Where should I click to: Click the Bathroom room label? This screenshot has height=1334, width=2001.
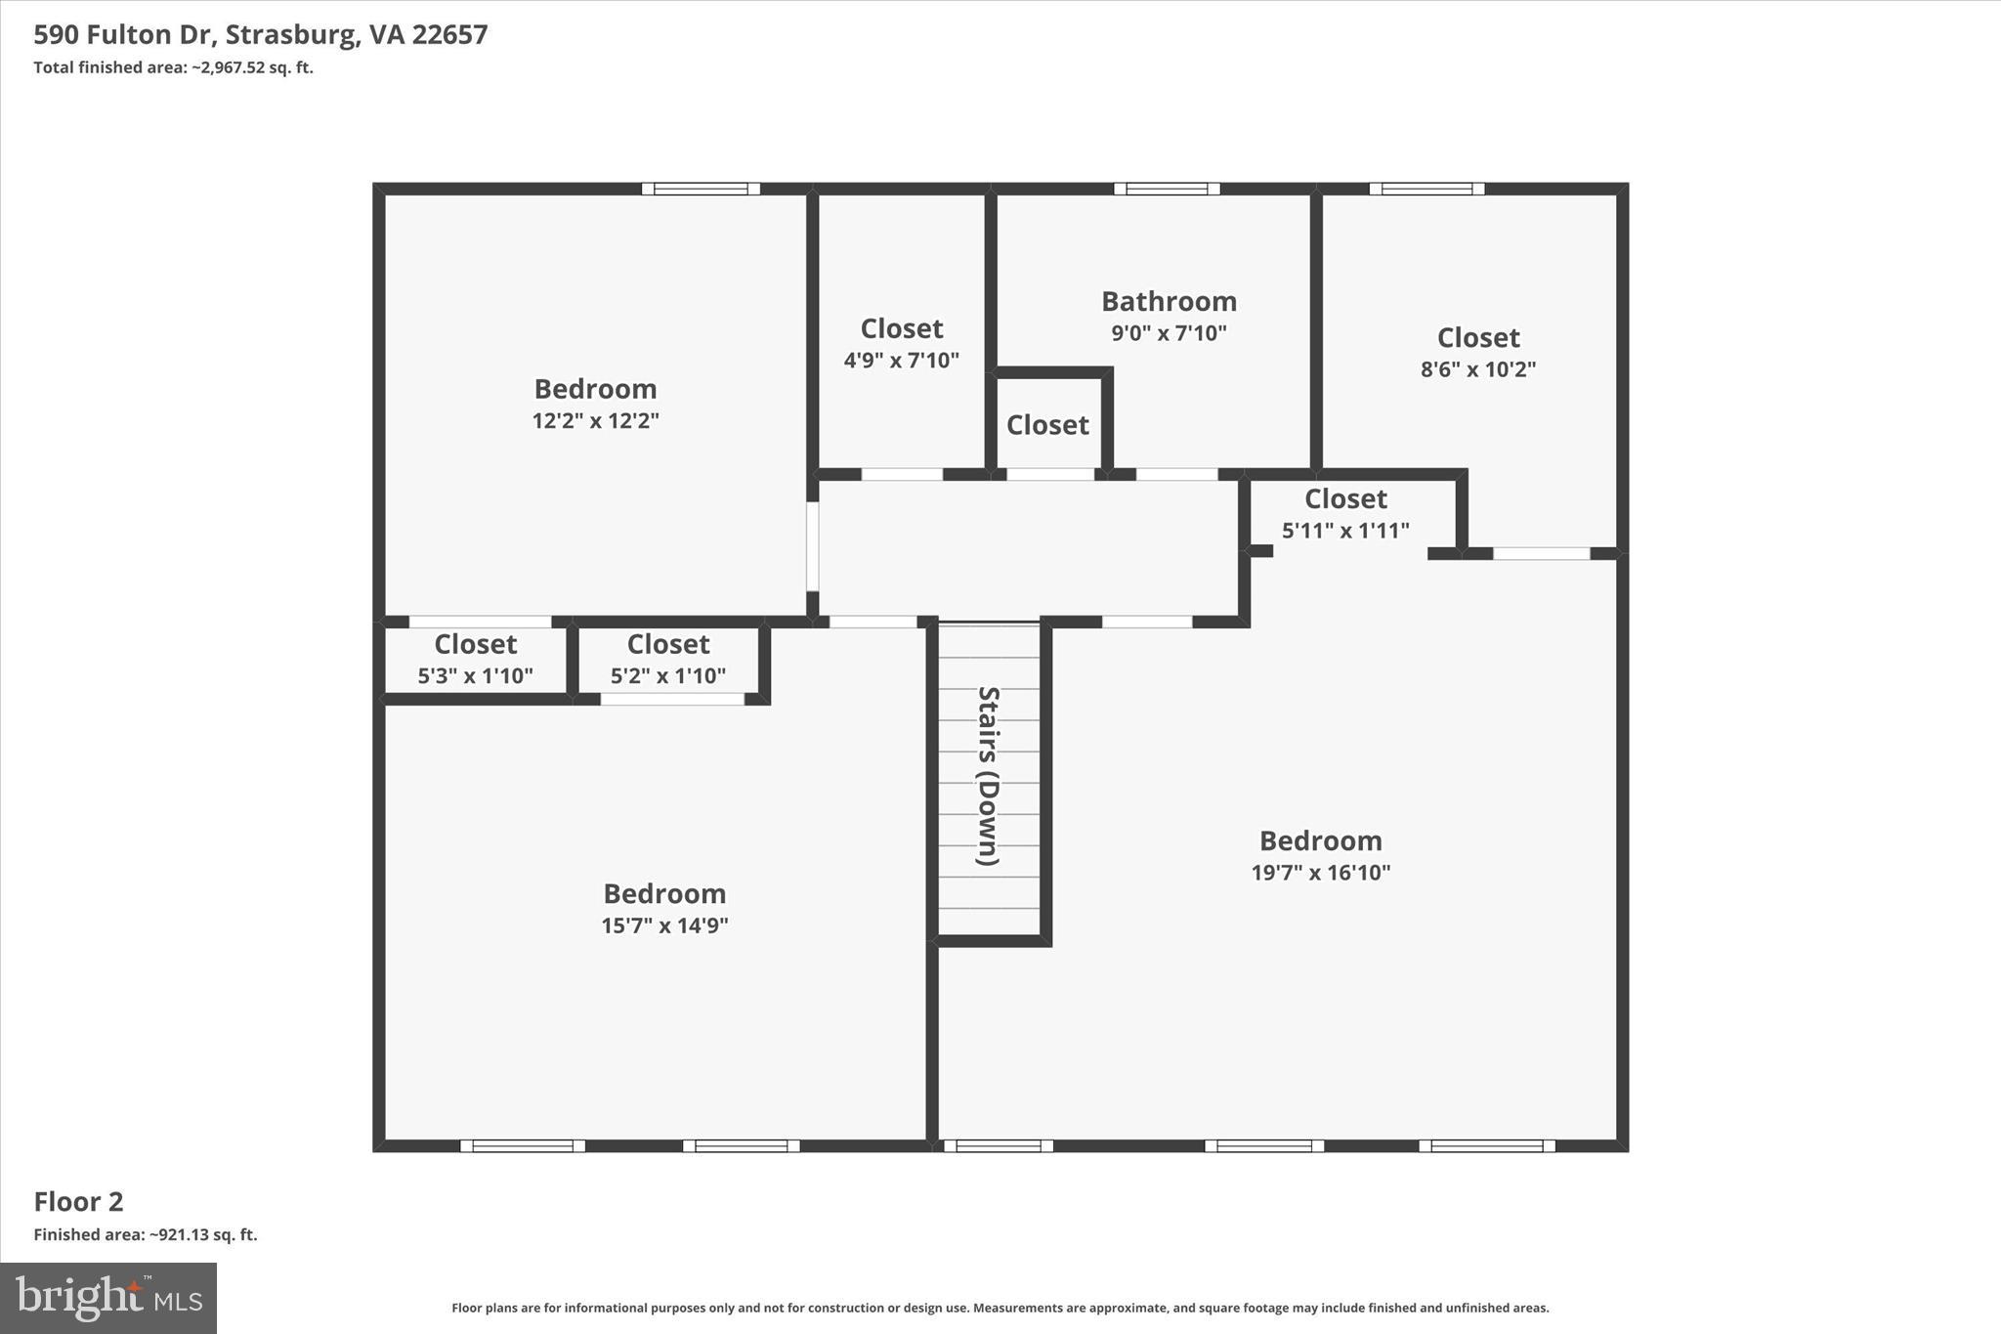[x=1169, y=301]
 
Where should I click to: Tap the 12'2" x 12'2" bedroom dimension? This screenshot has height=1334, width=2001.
[x=595, y=421]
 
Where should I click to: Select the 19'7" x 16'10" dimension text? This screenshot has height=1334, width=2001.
[x=1320, y=873]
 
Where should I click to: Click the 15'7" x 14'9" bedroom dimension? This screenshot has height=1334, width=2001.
[x=664, y=925]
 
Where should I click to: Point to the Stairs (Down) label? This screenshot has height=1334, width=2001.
[x=989, y=776]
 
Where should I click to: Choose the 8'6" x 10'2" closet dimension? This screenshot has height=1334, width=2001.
[x=1477, y=369]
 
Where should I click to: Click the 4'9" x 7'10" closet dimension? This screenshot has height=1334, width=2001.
[x=901, y=361]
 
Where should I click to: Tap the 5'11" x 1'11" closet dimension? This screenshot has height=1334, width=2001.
[x=1345, y=531]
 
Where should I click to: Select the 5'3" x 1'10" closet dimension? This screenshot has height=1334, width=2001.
[x=475, y=676]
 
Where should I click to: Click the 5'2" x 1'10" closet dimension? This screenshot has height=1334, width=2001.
[x=668, y=676]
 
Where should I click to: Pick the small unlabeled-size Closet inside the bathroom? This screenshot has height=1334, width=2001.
[x=1047, y=425]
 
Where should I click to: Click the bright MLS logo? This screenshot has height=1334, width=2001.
[x=108, y=1298]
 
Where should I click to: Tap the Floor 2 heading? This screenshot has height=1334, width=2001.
[x=78, y=1201]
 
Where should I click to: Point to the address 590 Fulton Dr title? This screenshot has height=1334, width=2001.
[x=261, y=35]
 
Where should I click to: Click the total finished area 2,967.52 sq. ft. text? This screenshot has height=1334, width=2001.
[x=173, y=67]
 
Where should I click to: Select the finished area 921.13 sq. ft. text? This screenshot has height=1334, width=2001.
[x=146, y=1234]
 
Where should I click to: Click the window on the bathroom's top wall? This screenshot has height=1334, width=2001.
[x=1167, y=189]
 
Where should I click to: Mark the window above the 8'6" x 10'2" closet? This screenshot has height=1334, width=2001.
[x=1426, y=189]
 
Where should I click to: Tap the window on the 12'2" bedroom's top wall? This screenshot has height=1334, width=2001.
[x=701, y=189]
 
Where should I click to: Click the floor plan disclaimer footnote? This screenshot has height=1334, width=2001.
[x=1000, y=1308]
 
